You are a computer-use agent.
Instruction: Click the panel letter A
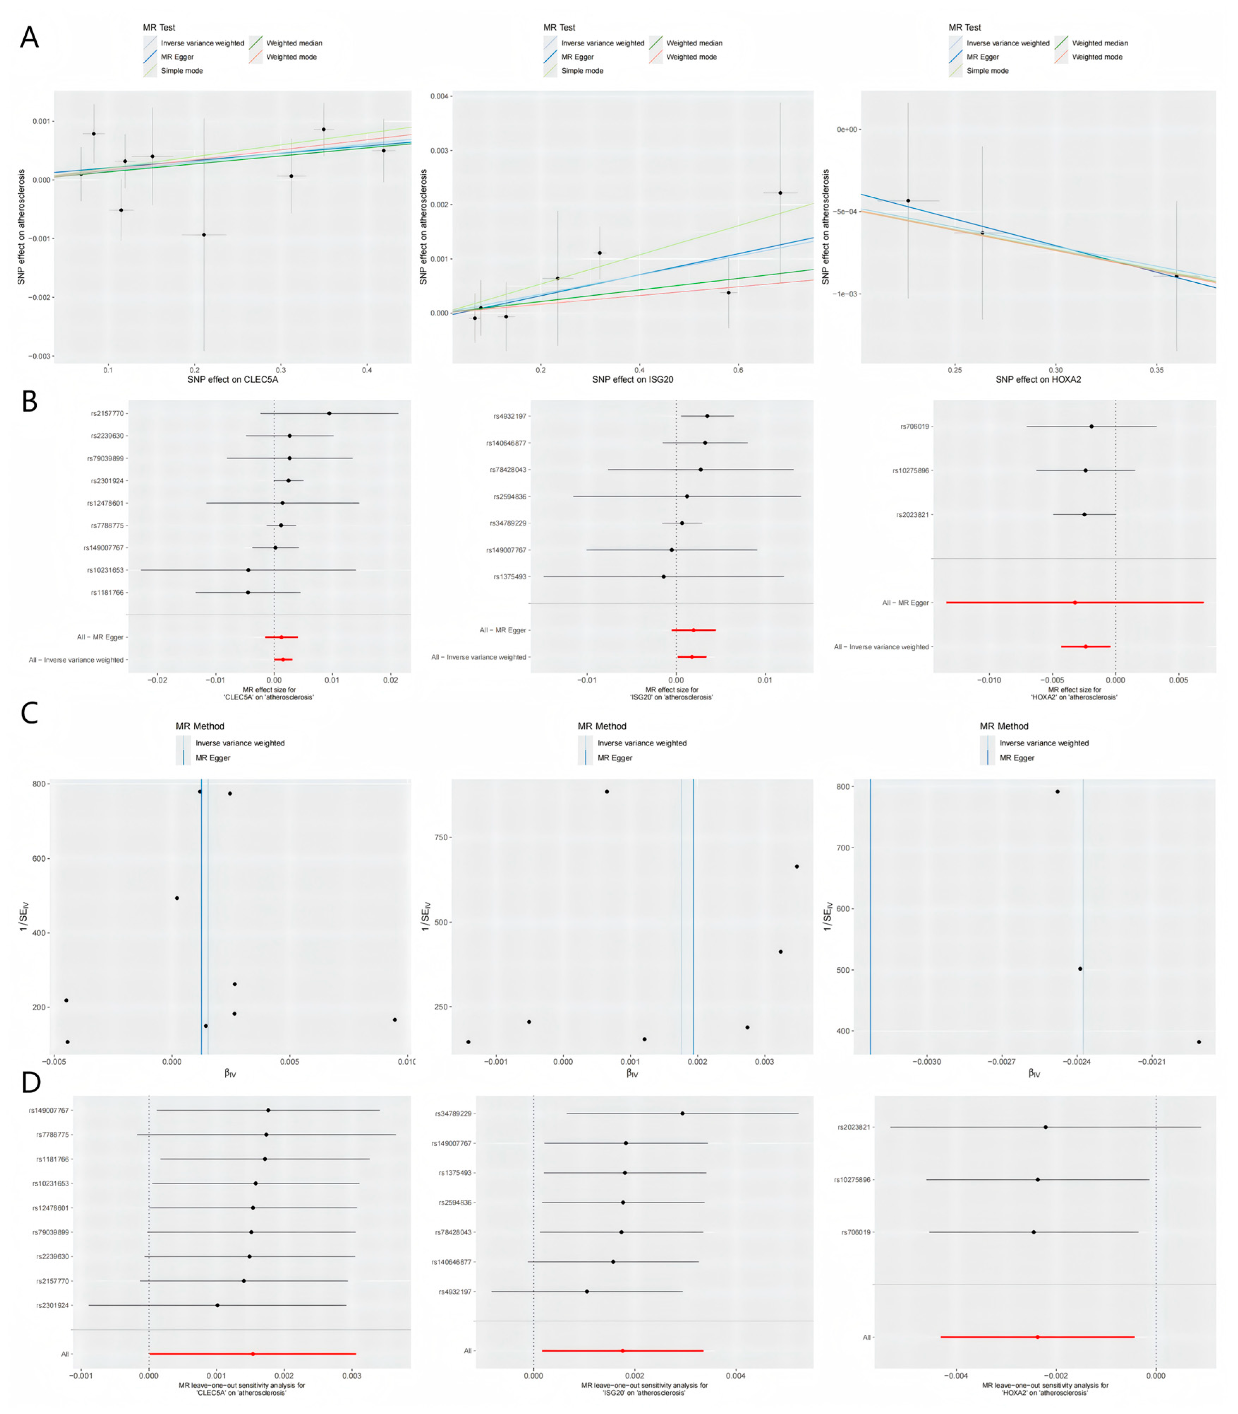(x=29, y=37)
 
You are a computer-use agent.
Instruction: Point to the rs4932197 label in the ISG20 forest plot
(x=510, y=416)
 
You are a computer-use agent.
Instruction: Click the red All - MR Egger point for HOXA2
(x=1074, y=603)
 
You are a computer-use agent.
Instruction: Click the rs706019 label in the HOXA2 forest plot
(x=915, y=427)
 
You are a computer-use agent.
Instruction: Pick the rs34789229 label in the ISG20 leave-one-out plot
(x=453, y=1114)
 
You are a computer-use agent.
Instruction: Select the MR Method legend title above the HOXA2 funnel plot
(x=1004, y=726)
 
